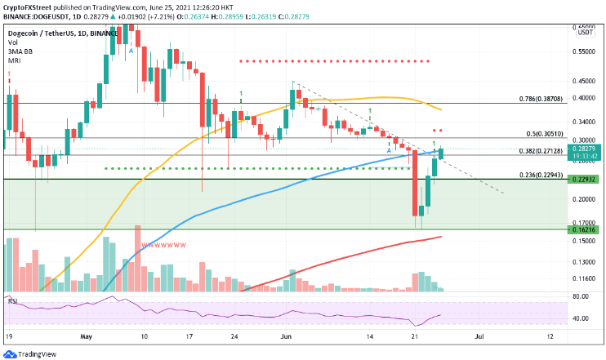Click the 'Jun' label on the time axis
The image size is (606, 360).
click(285, 336)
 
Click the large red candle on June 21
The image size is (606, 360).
click(414, 185)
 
